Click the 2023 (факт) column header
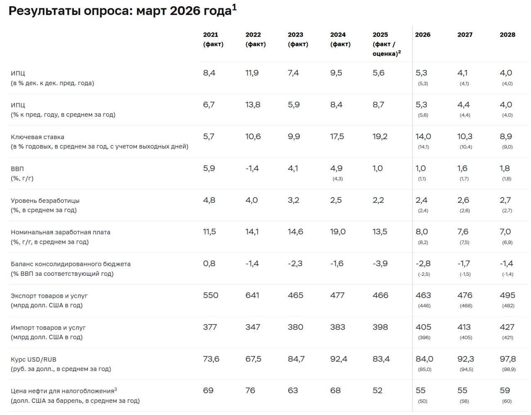[x=298, y=39]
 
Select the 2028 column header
[x=507, y=35]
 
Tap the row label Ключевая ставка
[x=37, y=137]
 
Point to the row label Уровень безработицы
[x=45, y=201]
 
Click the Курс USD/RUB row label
[x=33, y=359]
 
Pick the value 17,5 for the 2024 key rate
[x=337, y=137]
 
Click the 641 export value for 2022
[x=252, y=295]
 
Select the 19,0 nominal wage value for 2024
[x=338, y=232]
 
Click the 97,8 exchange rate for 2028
[x=508, y=359]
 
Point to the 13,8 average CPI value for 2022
[x=253, y=105]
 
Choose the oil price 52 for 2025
[x=378, y=390]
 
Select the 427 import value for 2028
[x=507, y=327]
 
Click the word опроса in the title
[x=107, y=11]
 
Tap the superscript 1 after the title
[x=234, y=7]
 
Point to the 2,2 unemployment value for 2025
[x=378, y=200]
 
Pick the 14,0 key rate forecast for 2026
[x=423, y=137]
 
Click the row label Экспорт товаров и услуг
[x=49, y=296]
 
